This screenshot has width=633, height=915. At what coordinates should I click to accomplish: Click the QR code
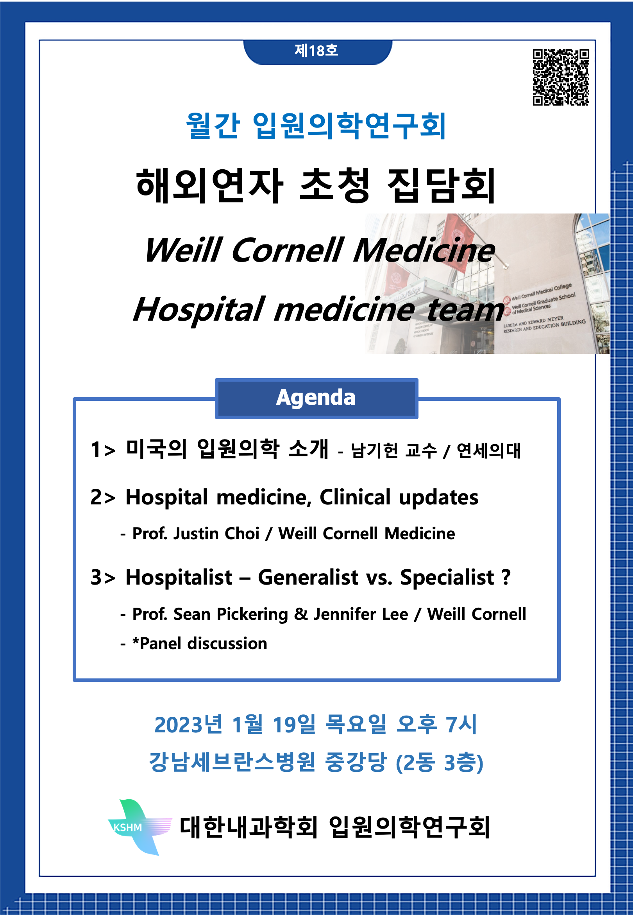560,77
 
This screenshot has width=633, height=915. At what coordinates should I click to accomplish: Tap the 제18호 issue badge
317,51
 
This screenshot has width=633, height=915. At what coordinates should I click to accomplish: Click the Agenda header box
316,398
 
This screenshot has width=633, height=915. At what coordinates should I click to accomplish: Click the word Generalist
308,577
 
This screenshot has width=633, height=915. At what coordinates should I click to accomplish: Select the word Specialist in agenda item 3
447,578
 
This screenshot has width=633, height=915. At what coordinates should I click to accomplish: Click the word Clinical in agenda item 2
355,497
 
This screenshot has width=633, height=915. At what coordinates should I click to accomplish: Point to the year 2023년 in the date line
188,725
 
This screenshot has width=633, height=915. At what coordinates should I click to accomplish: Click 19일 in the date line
294,725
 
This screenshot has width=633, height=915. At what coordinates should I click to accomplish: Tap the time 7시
461,725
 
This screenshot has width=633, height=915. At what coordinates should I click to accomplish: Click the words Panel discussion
204,644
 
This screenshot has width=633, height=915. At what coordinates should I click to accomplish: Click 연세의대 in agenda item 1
489,451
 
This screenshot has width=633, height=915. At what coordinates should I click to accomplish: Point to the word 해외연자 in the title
210,185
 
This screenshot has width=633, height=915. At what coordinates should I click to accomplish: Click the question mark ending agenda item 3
506,577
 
